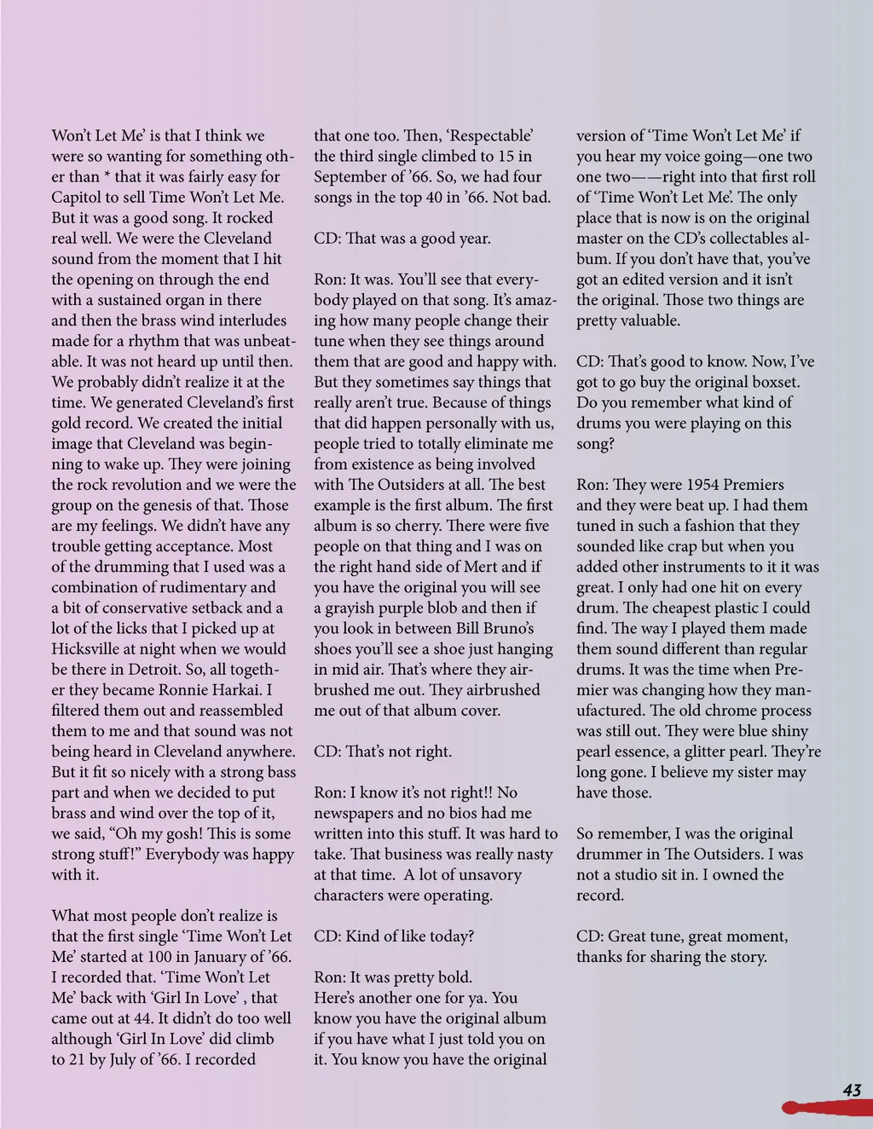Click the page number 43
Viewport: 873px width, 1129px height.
[852, 1090]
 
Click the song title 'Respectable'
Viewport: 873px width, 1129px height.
[490, 135]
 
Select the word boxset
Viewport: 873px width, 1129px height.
[772, 382]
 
